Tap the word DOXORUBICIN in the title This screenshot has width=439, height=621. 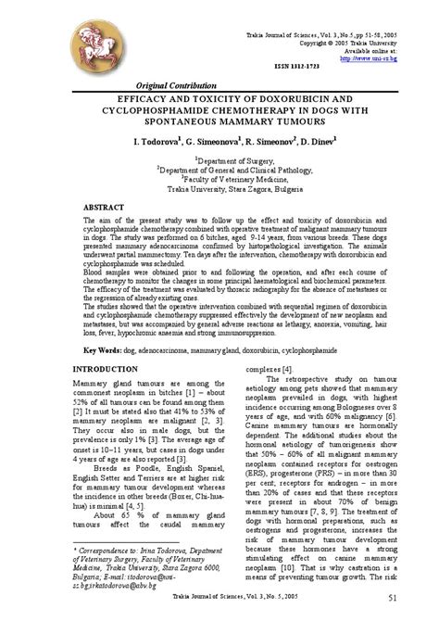pos(297,95)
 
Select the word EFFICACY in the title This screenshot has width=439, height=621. pos(144,95)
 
